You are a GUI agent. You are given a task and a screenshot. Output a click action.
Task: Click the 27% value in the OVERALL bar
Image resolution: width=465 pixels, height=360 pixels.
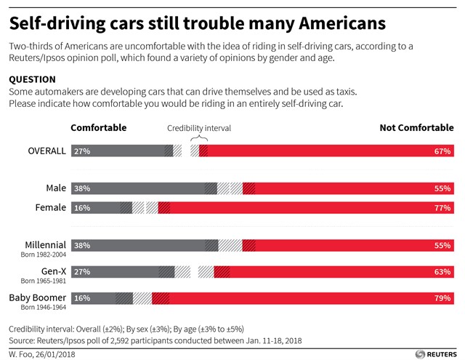pos(81,151)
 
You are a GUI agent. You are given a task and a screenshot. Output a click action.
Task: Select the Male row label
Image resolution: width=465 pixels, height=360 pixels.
pos(54,188)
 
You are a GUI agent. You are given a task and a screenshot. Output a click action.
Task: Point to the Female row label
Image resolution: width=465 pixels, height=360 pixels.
pos(51,208)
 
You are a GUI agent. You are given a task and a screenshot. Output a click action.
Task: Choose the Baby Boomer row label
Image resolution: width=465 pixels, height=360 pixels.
pos(37,297)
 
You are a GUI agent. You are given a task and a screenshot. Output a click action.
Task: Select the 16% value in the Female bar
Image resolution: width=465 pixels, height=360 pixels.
pos(81,208)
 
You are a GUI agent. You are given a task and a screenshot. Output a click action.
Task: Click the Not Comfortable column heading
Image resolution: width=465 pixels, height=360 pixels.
pos(416,128)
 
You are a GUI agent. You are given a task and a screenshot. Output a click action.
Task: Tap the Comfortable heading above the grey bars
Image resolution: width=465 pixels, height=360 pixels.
pos(98,128)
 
